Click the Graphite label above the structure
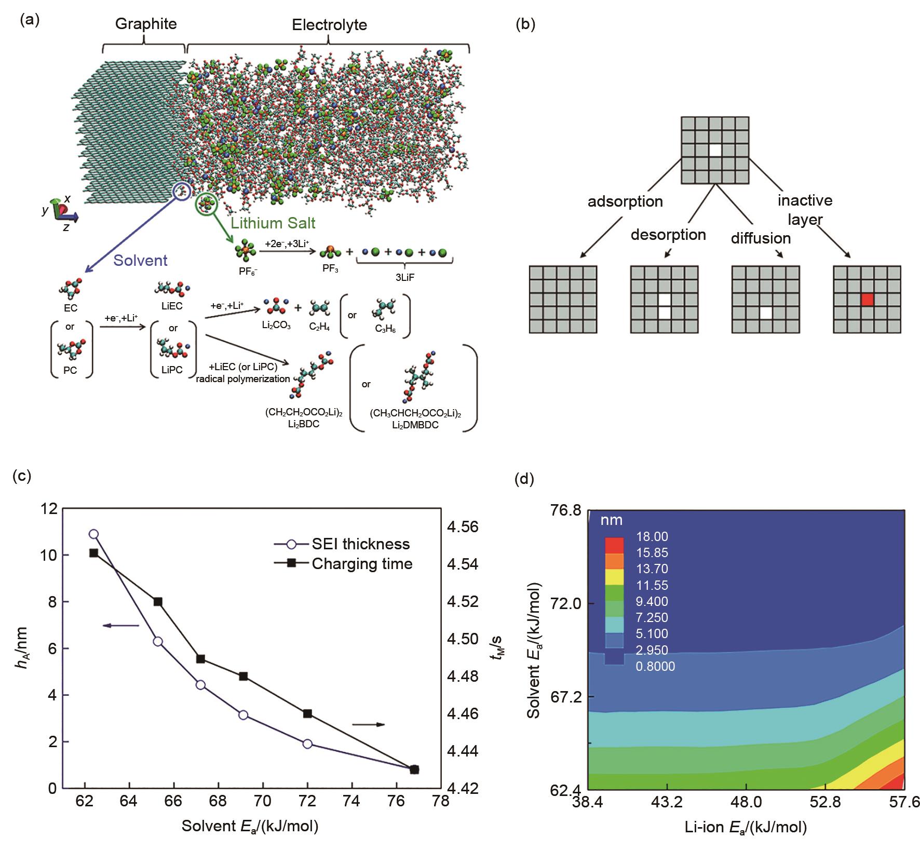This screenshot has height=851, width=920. click(x=146, y=24)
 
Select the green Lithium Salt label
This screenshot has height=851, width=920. click(x=273, y=224)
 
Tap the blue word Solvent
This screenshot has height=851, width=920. click(x=140, y=260)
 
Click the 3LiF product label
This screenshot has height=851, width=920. click(x=405, y=278)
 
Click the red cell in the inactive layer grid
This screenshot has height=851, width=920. click(x=867, y=300)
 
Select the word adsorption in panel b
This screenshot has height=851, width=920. click(x=625, y=201)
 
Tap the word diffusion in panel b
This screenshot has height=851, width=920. click(x=761, y=238)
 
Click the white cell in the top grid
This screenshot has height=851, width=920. click(x=715, y=150)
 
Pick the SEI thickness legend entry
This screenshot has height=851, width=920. click(x=360, y=544)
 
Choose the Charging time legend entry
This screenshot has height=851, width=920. click(x=362, y=564)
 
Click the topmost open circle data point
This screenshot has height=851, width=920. click(x=93, y=534)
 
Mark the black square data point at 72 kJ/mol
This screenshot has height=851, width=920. click(x=307, y=713)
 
